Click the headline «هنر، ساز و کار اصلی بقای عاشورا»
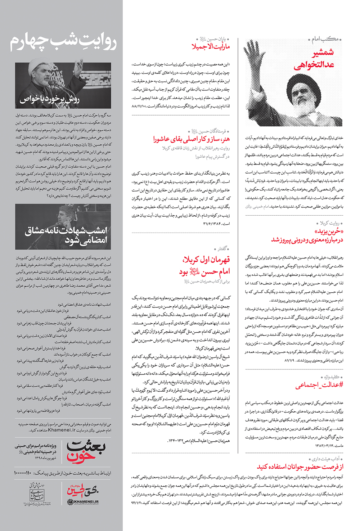191,139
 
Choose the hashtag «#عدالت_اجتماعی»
319,385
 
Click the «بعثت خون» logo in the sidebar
86,451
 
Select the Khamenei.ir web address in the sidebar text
62,430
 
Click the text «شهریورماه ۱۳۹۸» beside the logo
46,458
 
